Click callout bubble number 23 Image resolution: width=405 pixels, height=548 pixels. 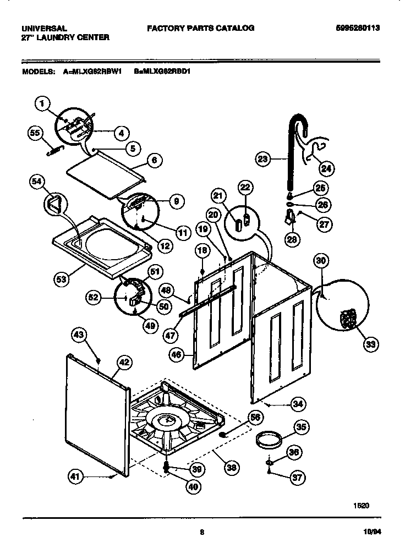point(264,160)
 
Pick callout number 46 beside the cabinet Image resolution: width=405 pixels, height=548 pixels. point(177,356)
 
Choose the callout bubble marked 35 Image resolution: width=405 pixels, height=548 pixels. point(301,426)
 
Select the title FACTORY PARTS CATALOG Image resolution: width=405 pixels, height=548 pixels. point(200,28)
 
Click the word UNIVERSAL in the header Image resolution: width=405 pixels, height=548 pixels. point(44,28)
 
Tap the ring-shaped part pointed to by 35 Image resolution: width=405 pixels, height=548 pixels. point(270,441)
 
